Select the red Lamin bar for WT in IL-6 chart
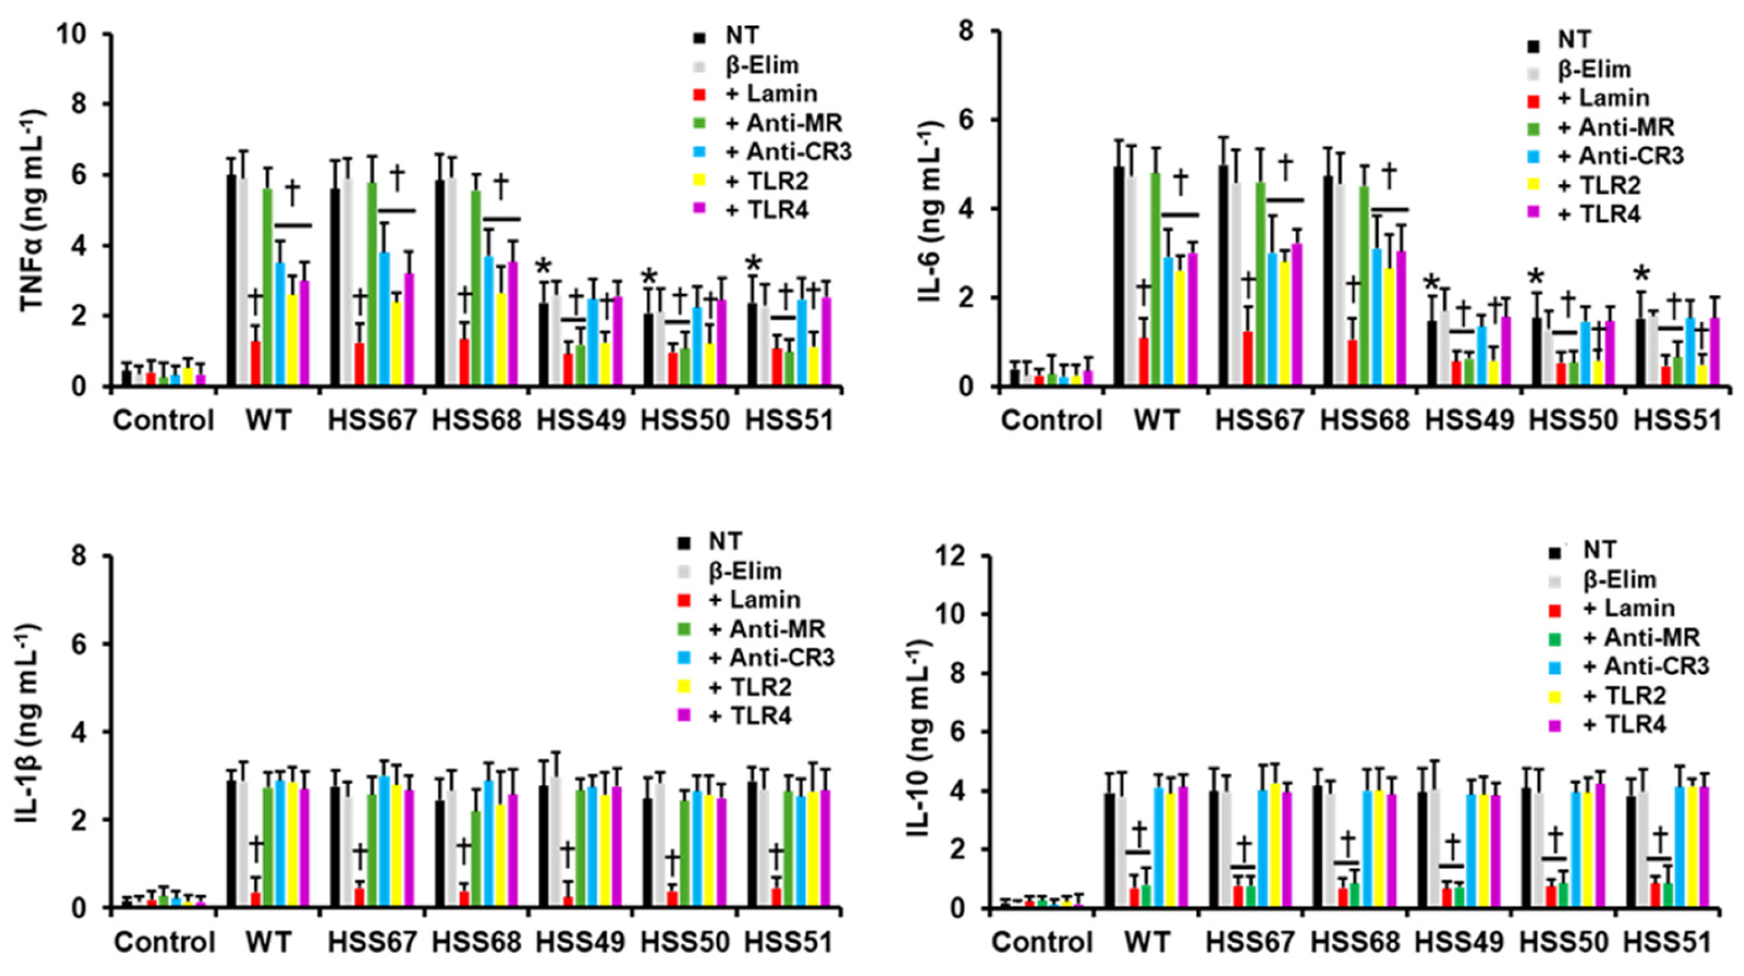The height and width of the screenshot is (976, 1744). tap(1143, 362)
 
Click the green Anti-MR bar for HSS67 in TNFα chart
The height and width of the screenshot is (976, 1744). tap(373, 284)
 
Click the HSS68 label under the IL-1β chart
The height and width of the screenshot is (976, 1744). tap(477, 942)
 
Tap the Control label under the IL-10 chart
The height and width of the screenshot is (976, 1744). tap(1043, 942)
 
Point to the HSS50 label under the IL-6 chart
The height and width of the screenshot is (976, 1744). tap(1573, 421)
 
